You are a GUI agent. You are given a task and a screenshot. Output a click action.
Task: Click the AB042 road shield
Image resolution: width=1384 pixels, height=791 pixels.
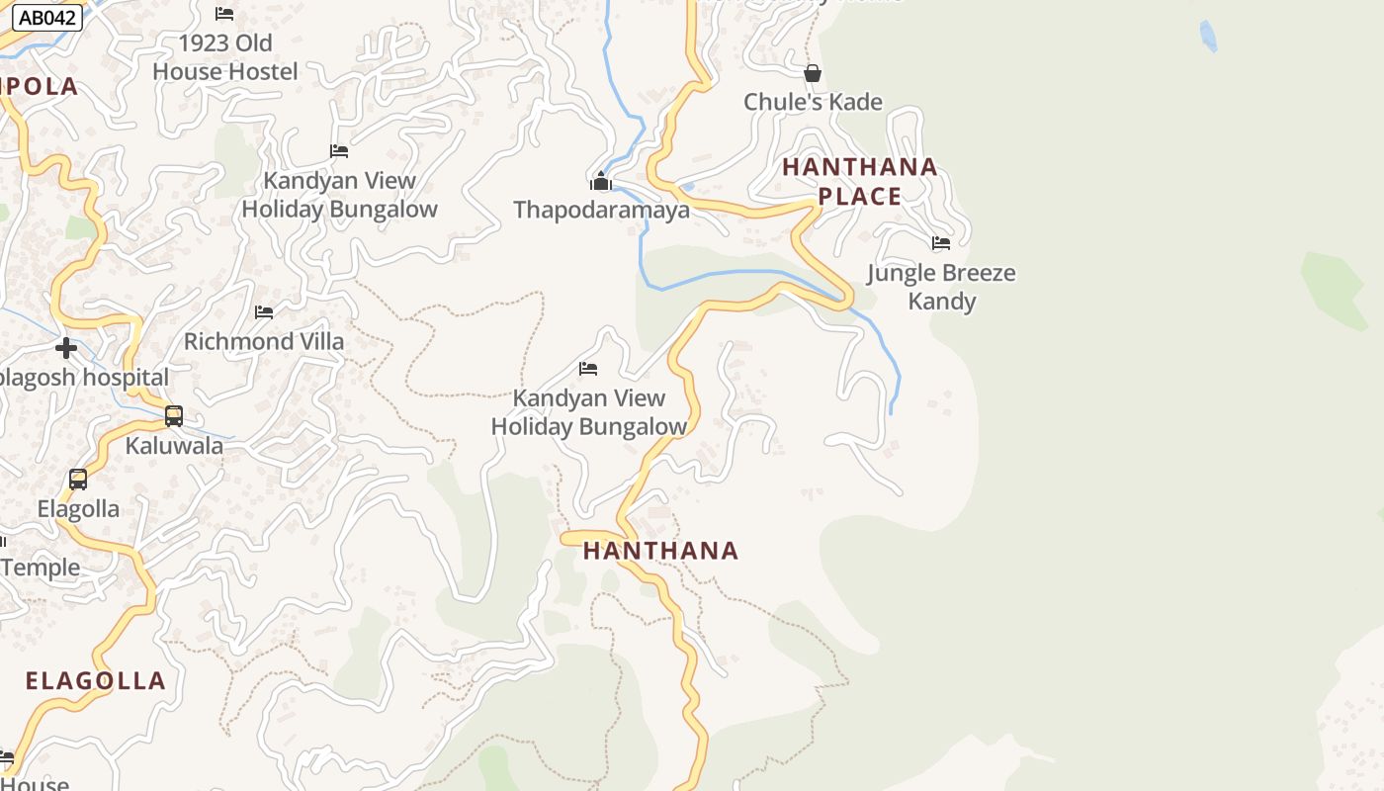(47, 18)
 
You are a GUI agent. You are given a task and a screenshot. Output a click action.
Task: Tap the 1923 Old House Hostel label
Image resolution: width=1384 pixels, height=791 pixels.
(225, 57)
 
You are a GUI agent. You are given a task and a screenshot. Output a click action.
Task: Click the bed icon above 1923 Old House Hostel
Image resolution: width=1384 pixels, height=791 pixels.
(224, 14)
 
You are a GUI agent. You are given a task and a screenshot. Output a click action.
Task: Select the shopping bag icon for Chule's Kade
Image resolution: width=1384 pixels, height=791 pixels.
(813, 73)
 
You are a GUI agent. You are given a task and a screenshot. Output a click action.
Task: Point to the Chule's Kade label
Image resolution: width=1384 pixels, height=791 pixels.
(813, 102)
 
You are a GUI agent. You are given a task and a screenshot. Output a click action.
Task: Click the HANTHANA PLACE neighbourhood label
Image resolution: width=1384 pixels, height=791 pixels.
(860, 181)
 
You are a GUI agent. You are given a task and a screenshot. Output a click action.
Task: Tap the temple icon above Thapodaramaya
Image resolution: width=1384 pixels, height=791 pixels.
(601, 181)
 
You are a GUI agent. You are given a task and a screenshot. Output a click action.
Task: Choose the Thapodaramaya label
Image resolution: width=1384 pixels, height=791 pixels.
(601, 211)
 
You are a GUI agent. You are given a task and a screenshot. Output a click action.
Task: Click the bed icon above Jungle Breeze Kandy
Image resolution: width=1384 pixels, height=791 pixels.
(941, 242)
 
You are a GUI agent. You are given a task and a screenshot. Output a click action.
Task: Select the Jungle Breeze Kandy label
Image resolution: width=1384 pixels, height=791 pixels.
(941, 287)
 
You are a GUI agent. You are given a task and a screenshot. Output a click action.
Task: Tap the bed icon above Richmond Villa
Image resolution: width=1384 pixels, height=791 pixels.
(264, 312)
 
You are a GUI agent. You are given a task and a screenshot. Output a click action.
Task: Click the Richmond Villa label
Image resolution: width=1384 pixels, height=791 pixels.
(264, 342)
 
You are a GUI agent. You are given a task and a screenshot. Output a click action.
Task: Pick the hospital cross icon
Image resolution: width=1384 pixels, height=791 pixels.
(66, 348)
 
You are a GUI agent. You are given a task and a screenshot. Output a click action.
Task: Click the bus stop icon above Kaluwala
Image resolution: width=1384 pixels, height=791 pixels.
(174, 416)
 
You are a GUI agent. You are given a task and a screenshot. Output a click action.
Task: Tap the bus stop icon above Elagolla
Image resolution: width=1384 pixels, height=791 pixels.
(78, 480)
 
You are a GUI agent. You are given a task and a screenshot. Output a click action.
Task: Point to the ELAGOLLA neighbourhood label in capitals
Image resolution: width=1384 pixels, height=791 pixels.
(95, 680)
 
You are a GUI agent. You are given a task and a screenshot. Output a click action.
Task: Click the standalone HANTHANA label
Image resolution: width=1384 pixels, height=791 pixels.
(660, 551)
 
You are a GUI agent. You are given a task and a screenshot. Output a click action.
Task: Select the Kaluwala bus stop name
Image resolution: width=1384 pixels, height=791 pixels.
(174, 446)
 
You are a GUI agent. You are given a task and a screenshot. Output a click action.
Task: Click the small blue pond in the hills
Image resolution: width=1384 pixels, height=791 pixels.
(1207, 37)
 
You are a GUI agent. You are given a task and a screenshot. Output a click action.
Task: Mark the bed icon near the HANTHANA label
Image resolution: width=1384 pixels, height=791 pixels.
(588, 369)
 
